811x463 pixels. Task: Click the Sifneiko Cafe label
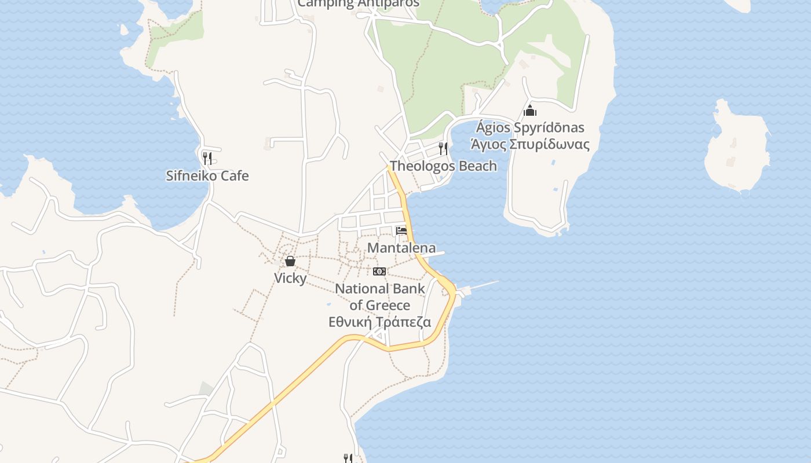coord(207,176)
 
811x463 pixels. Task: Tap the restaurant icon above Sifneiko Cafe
coord(207,157)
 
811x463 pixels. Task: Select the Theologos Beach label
coord(443,166)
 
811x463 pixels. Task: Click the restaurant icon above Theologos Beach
coord(443,148)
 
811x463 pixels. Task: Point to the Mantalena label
coord(401,248)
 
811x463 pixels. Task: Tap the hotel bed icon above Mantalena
coord(401,231)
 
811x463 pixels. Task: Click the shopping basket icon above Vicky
coord(290,262)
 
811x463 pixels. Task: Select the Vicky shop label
coord(290,278)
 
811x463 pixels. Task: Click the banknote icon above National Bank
coord(379,271)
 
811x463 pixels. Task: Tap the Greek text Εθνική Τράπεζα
coord(380,322)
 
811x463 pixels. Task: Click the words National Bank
coord(380,289)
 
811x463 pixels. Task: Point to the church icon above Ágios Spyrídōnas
coord(530,111)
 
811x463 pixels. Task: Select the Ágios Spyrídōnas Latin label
coord(530,127)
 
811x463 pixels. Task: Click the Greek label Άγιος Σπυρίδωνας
coord(530,144)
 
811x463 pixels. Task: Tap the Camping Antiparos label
coord(358,3)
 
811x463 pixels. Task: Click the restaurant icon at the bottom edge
coord(348,458)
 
